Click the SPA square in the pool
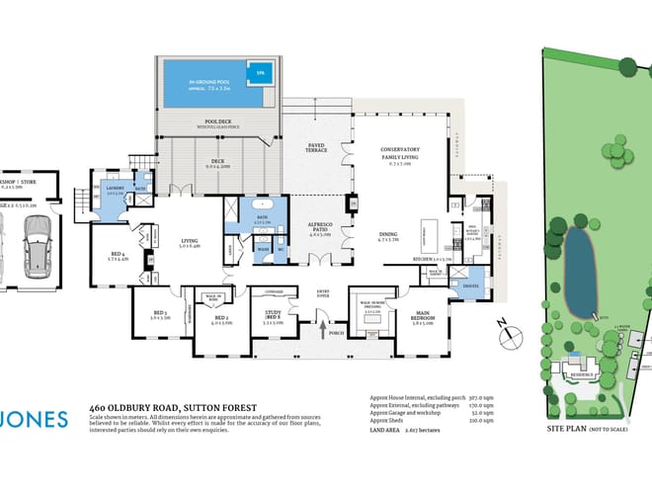click(x=261, y=73)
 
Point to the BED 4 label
click(x=120, y=256)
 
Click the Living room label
click(x=190, y=241)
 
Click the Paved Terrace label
click(x=317, y=147)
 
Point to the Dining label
click(x=392, y=234)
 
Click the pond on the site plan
click(x=580, y=271)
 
